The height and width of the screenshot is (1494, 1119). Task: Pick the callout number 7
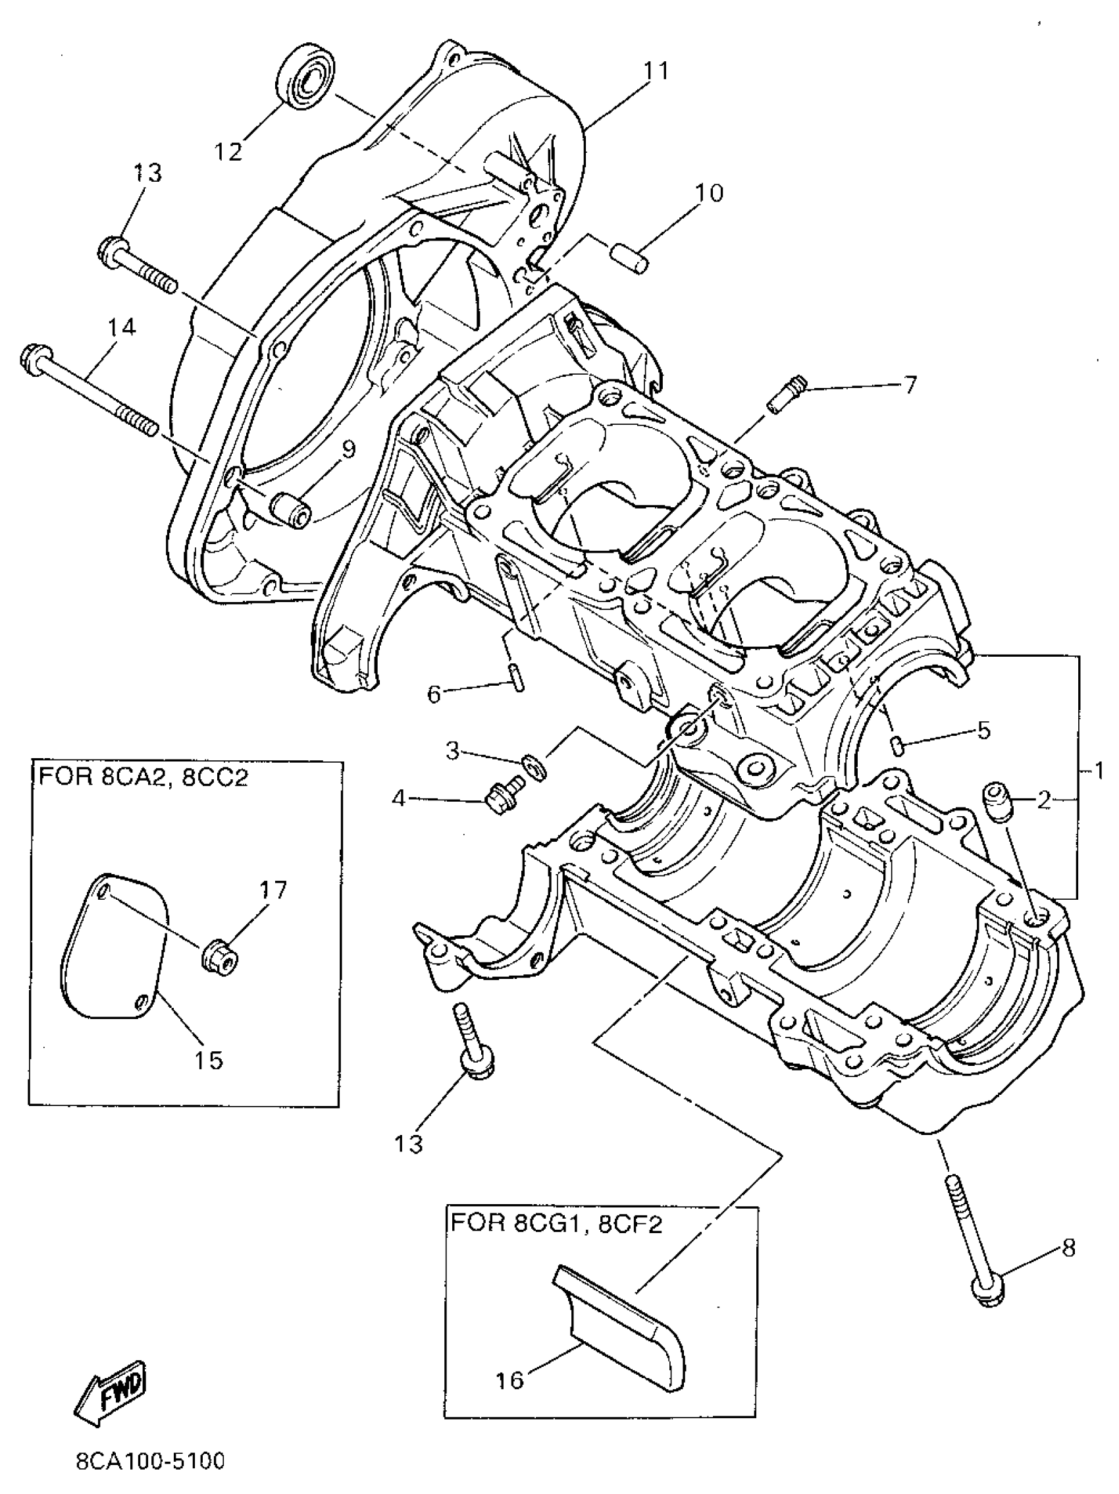pyautogui.click(x=909, y=384)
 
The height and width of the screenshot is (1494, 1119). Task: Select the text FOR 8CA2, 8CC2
pyautogui.click(x=143, y=777)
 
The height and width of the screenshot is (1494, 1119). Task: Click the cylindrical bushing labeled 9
pyautogui.click(x=290, y=510)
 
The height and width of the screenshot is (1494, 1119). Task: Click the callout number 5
pyautogui.click(x=983, y=730)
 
